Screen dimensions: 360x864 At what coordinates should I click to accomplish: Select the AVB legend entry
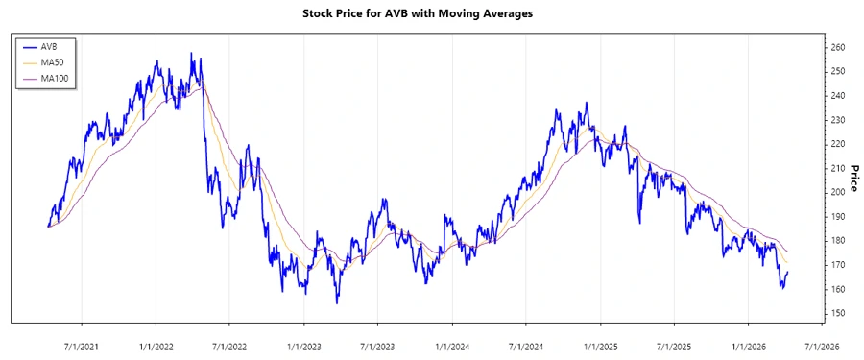coord(50,45)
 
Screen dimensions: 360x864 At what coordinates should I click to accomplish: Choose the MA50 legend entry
coord(53,61)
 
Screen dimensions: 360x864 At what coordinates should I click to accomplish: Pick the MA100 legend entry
coord(55,78)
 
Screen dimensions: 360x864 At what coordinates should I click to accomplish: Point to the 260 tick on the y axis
coord(837,47)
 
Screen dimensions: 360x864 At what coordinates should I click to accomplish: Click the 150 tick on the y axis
coord(837,313)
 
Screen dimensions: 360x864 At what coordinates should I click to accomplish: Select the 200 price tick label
coord(837,192)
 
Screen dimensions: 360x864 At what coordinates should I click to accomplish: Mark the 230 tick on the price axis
coord(837,120)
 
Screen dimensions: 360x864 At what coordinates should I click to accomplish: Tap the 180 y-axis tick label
coord(837,241)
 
